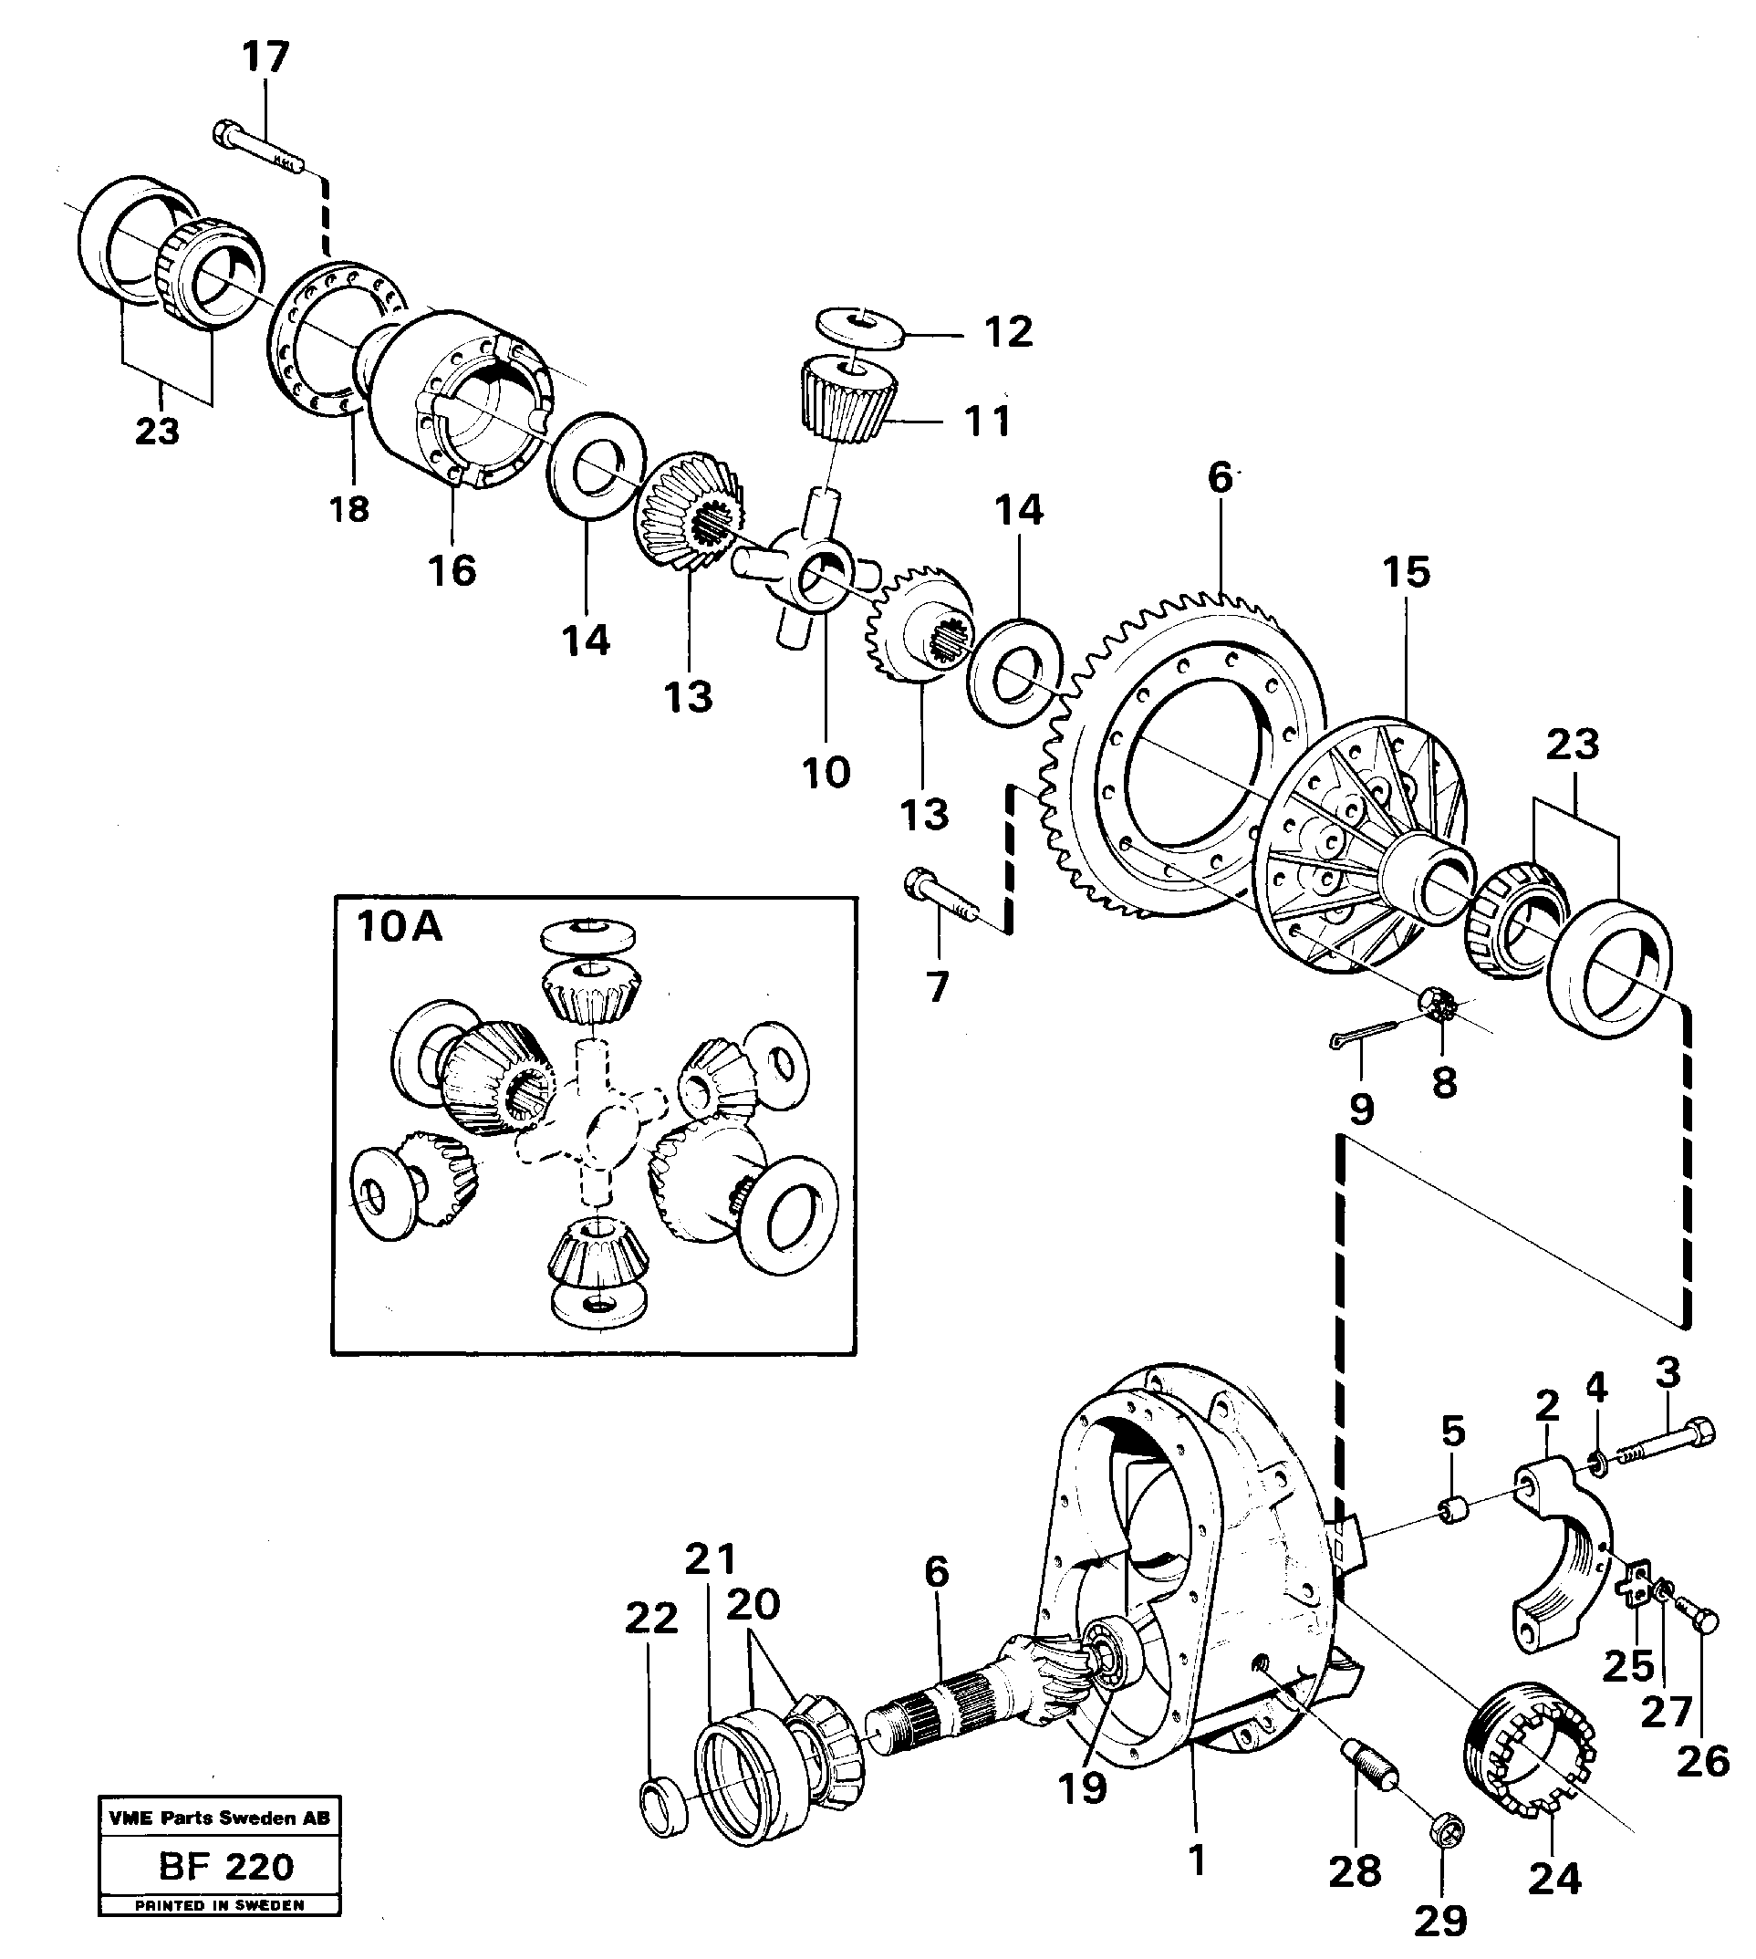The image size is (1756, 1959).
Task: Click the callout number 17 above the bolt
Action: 265,57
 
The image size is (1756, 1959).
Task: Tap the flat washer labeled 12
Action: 859,325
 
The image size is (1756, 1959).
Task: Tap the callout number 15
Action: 1406,572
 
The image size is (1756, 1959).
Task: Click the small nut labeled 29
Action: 1442,1829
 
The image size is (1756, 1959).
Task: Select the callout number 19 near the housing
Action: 1083,1788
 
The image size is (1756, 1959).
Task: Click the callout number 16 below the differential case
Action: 452,570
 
